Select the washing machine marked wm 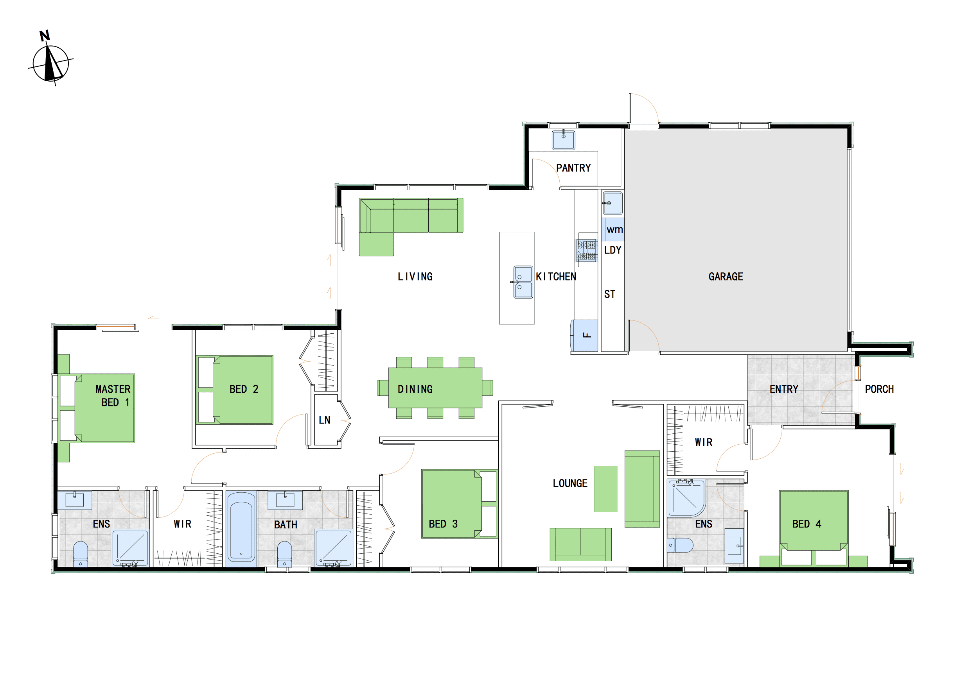coord(613,229)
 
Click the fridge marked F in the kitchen coord(585,336)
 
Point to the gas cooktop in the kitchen coord(586,250)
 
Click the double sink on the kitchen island coord(523,282)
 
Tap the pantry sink coord(563,140)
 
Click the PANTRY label coord(573,168)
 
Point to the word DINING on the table coord(415,389)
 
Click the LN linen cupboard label coord(325,420)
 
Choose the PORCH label coord(879,389)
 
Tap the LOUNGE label coord(570,483)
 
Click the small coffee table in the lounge coord(605,489)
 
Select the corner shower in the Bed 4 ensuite coord(686,498)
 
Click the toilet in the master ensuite coord(80,554)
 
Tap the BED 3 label coord(443,524)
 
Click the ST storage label coord(610,294)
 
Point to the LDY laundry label coord(613,250)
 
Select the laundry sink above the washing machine coord(613,203)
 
